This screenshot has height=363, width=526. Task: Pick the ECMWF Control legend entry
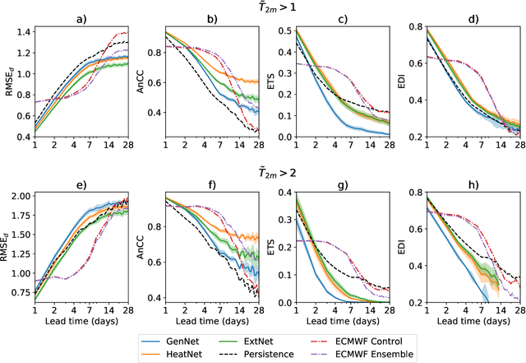point(360,338)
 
